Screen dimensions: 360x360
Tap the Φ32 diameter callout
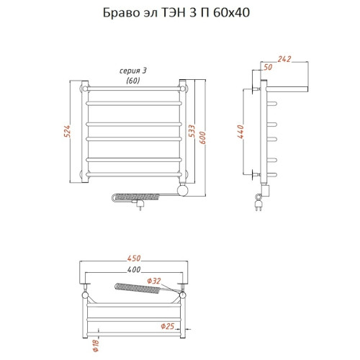tap(154, 281)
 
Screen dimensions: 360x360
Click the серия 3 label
tap(132, 70)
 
